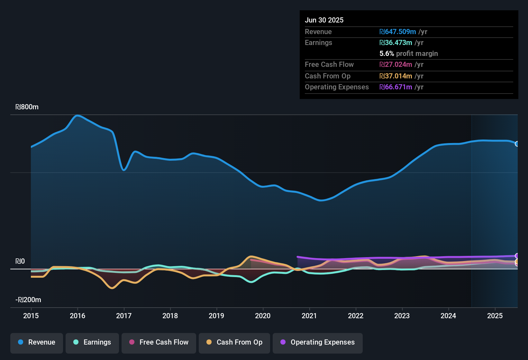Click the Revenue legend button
point(37,342)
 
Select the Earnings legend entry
point(92,342)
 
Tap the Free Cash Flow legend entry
point(159,342)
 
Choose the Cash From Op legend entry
point(234,342)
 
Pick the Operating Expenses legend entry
point(318,342)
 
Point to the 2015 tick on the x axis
point(31,316)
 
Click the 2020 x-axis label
point(263,316)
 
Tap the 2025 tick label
point(495,316)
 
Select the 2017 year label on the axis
point(124,316)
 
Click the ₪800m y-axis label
point(27,107)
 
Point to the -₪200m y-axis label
point(28,300)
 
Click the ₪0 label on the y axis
point(20,261)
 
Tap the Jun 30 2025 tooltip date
point(324,20)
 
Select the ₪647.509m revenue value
point(398,32)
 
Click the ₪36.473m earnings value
point(396,43)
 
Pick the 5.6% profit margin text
point(409,54)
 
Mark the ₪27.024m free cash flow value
point(396,65)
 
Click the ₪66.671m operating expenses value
point(396,87)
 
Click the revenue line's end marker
point(517,144)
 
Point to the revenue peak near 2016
point(77,115)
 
